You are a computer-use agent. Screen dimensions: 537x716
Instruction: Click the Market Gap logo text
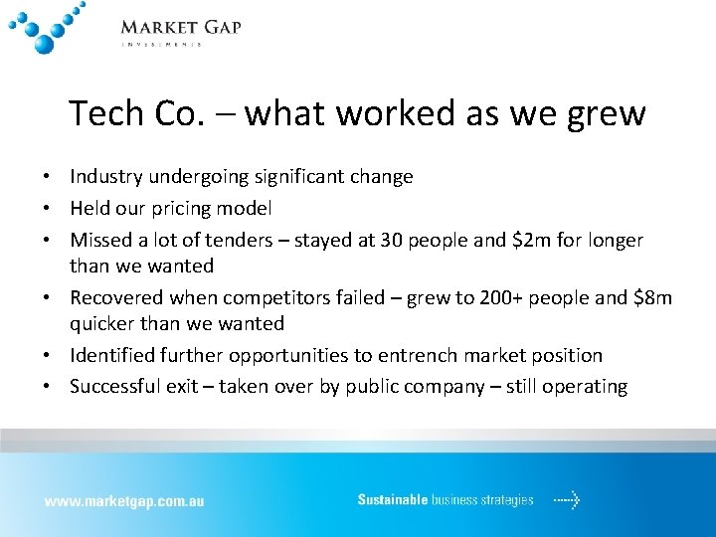180,27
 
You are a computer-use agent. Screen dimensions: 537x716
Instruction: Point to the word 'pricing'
200,209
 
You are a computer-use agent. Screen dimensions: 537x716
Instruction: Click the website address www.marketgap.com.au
123,501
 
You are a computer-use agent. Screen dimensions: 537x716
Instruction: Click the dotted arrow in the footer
567,500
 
